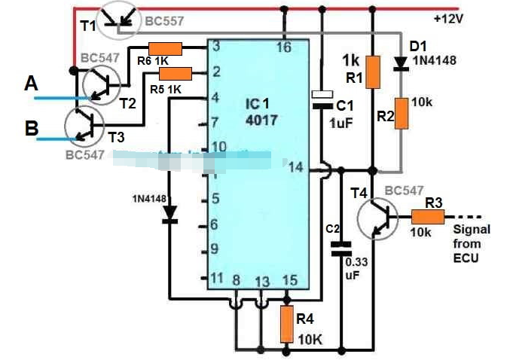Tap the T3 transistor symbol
[x=84, y=125]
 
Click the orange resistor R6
[x=165, y=49]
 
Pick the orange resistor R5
[x=176, y=73]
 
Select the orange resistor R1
[x=372, y=72]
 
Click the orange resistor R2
[x=404, y=113]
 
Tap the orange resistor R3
[x=428, y=216]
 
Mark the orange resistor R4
[x=286, y=322]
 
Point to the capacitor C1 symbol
[x=322, y=102]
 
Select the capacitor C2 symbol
[x=342, y=248]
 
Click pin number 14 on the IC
[x=296, y=168]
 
